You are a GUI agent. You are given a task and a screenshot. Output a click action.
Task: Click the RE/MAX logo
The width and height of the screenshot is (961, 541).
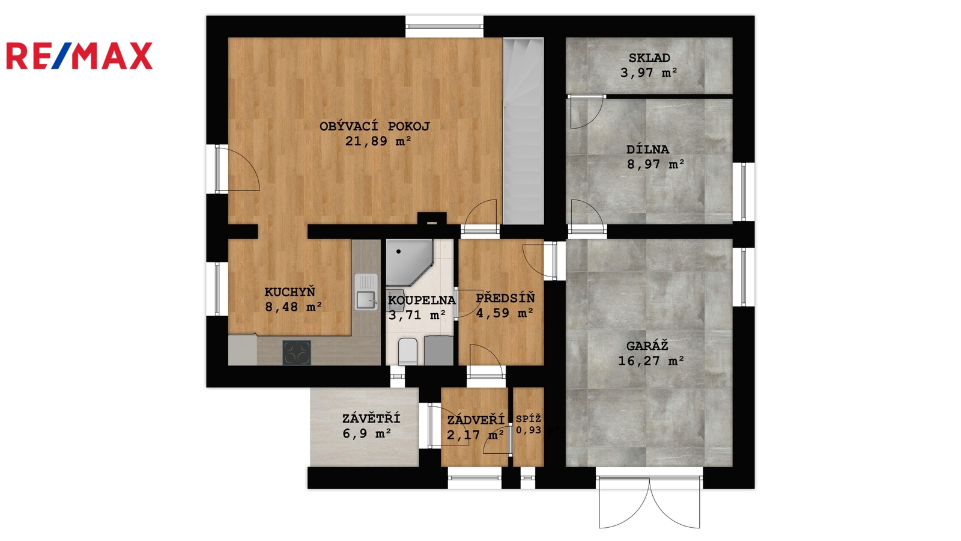coord(79,56)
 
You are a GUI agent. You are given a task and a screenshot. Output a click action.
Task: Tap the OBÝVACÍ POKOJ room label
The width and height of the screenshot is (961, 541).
coord(375,126)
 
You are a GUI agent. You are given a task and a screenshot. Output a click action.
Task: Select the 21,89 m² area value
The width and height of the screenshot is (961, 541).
coord(378,141)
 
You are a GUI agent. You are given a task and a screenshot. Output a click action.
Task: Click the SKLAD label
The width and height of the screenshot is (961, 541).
coord(649,58)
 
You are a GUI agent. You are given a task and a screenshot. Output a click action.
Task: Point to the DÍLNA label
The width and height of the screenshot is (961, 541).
coord(648,150)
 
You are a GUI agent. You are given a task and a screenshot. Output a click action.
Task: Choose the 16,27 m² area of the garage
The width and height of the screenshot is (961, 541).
coord(651,361)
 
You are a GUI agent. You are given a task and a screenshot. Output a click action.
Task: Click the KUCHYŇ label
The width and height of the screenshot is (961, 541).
coord(290,292)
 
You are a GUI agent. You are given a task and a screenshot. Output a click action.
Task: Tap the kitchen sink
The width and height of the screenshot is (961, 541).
coord(366,292)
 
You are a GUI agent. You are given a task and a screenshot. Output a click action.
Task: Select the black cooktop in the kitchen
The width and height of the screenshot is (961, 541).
coord(297,352)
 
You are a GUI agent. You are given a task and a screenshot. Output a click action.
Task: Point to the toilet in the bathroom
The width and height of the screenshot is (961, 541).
coord(408,352)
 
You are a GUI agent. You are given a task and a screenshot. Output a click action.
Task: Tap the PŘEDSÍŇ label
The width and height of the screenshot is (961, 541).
coord(505,298)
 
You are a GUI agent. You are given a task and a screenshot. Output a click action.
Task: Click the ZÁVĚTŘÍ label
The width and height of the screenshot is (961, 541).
coord(371,418)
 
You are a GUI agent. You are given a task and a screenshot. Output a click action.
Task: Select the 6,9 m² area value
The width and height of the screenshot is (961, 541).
coord(367,433)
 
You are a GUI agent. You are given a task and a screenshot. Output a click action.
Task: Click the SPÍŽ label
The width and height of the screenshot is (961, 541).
coord(529,418)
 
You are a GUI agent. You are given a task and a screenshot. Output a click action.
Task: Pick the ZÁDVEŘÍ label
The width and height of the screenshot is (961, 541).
coord(476,420)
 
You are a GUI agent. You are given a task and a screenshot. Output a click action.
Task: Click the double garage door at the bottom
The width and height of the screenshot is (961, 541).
coord(649,502)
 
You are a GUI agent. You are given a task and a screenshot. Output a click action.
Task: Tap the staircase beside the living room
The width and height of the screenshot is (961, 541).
coord(523,131)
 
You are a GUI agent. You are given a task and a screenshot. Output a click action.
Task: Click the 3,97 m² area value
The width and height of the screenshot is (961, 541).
coord(649,73)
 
